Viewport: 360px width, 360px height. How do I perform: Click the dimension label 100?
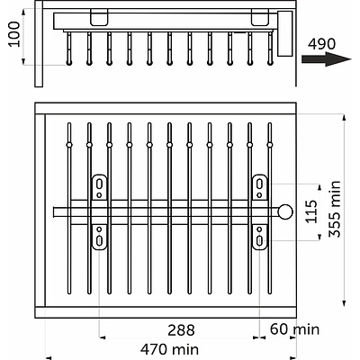[15, 34]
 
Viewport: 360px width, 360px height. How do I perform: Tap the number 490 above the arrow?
[322, 44]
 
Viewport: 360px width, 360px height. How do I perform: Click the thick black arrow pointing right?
[327, 59]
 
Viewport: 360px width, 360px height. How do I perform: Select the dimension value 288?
[181, 330]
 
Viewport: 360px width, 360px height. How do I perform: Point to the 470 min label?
[169, 349]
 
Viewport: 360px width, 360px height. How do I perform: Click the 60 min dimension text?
[294, 329]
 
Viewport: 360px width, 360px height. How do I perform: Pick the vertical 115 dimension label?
[311, 211]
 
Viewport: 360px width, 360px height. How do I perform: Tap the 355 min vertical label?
[335, 209]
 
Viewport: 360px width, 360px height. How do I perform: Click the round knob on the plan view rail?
[285, 211]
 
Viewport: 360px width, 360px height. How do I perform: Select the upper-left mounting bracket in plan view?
[99, 187]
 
